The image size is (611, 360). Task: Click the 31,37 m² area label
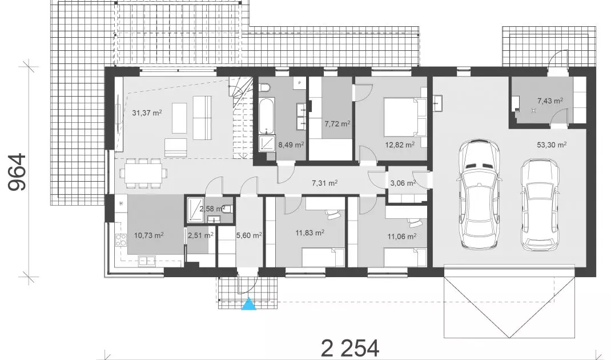(x=147, y=113)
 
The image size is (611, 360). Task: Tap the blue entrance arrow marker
(x=248, y=304)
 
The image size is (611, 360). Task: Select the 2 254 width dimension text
(x=349, y=348)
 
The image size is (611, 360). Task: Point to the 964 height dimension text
(x=18, y=172)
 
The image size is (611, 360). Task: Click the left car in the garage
(x=478, y=195)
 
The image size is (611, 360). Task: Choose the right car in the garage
(x=540, y=205)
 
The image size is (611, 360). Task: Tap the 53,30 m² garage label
(x=552, y=145)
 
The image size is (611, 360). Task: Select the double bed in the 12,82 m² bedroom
(x=405, y=117)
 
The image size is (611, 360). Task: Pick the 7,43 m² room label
(x=550, y=101)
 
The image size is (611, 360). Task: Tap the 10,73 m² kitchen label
(x=148, y=235)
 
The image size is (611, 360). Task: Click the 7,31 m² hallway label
(x=324, y=182)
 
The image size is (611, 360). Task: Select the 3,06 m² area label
(x=403, y=183)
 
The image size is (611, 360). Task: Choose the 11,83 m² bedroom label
(x=310, y=233)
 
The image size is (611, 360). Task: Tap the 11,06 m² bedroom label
(x=402, y=236)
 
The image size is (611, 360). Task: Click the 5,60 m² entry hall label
(x=249, y=235)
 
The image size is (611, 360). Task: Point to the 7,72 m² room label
(x=337, y=123)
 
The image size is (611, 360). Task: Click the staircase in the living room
(x=242, y=117)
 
